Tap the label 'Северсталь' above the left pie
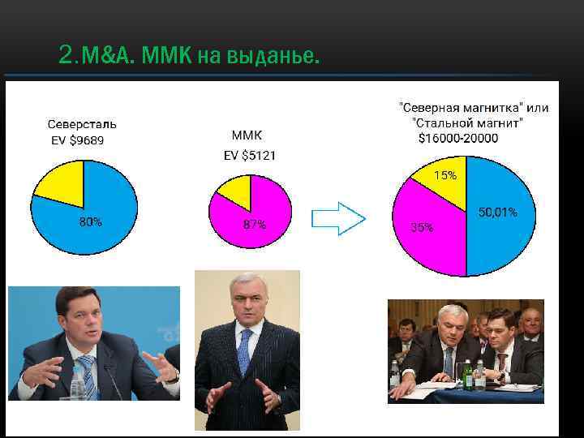[x=82, y=125]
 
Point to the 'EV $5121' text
[x=249, y=154]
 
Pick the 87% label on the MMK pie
[x=254, y=225]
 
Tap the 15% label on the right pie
[x=444, y=175]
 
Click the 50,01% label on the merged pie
[x=497, y=213]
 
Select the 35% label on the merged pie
[x=422, y=228]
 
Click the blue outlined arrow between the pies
[x=339, y=217]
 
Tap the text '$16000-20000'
[x=458, y=139]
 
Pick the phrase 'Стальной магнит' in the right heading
[x=468, y=122]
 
